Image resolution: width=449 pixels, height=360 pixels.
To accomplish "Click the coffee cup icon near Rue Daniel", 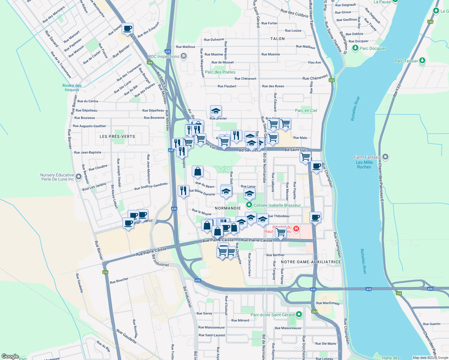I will (128, 29).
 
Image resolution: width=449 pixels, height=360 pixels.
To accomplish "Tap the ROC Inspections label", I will (164, 56).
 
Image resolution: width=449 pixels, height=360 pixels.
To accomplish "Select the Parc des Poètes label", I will (220, 72).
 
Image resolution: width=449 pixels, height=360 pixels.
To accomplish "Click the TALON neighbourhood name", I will (277, 39).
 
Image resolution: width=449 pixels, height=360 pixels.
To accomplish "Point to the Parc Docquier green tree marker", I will (355, 48).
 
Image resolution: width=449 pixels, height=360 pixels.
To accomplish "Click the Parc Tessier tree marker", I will (422, 61).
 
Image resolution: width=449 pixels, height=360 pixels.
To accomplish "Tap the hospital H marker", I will (296, 229).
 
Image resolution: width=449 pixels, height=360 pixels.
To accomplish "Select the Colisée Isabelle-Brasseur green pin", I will (249, 205).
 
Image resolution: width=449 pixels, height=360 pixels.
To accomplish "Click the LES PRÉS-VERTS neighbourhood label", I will (117, 136).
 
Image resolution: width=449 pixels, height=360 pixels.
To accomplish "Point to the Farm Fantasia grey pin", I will (386, 157).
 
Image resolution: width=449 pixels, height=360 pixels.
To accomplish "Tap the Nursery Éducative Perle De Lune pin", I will (79, 177).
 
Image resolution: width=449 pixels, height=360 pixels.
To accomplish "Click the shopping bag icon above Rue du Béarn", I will (197, 172).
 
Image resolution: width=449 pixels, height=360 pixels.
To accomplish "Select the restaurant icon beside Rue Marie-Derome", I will (183, 191).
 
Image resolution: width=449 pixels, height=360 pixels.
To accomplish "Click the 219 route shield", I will (105, 272).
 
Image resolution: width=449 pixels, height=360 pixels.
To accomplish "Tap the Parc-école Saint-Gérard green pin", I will (299, 314).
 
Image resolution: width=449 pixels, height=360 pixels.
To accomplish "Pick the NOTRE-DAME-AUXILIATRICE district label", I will (311, 262).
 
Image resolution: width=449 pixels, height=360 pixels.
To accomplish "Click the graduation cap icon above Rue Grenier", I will (216, 111).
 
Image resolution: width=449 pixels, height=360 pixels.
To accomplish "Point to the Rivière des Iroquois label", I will (72, 88).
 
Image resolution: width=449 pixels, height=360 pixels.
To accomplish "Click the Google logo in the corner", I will (10, 356).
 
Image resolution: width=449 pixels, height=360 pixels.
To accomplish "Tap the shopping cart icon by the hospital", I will (281, 232).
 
